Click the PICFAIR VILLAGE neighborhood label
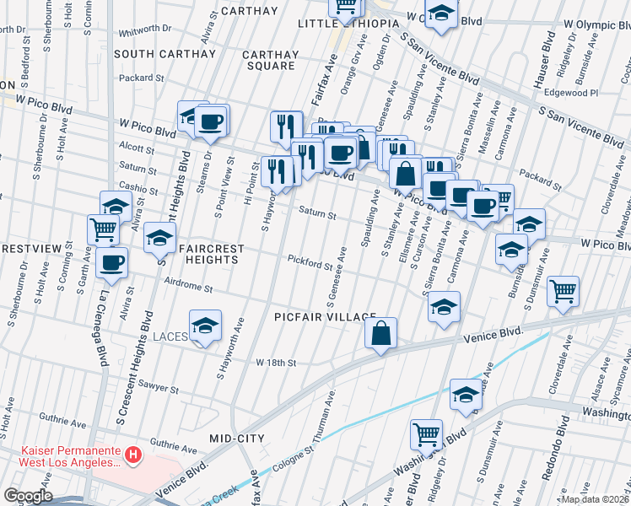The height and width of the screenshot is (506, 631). (x=325, y=316)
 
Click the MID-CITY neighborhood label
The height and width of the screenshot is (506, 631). (x=236, y=439)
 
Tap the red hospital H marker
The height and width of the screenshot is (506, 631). (x=132, y=456)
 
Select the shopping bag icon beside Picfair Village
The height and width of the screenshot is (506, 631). (x=381, y=332)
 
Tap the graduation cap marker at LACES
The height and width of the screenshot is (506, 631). (x=204, y=326)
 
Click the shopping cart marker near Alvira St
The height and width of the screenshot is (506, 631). (x=103, y=228)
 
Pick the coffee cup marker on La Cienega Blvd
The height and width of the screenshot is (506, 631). (x=112, y=261)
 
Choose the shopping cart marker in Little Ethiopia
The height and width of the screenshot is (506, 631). (x=344, y=7)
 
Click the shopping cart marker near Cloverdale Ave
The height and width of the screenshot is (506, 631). (x=563, y=291)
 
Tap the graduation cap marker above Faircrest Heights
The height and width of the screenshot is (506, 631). (x=159, y=238)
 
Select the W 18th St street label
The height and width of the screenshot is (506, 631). (x=277, y=363)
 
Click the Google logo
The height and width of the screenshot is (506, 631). (x=27, y=496)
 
